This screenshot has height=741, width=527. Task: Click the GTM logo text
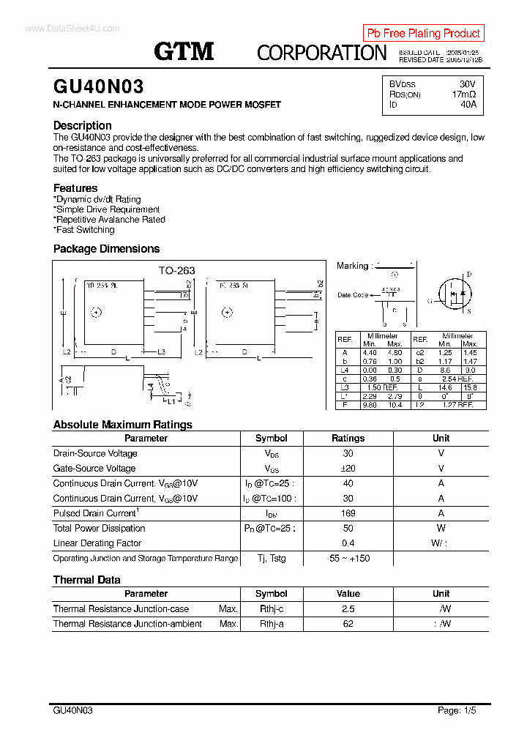click(x=184, y=51)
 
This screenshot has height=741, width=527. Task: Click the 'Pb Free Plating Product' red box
click(x=423, y=33)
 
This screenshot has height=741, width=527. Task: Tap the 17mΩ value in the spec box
click(x=463, y=94)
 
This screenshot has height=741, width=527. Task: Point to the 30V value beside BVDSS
click(x=467, y=84)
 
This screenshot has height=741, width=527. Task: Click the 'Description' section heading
click(x=82, y=125)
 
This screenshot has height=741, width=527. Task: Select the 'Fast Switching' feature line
click(x=84, y=230)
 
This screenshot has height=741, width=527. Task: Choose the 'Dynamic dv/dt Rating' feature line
click(x=97, y=199)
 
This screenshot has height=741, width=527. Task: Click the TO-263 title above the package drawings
click(x=177, y=270)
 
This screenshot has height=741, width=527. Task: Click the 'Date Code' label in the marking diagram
click(x=352, y=295)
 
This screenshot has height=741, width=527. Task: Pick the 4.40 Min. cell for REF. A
click(x=370, y=353)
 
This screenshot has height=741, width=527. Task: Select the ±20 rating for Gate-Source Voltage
click(x=348, y=469)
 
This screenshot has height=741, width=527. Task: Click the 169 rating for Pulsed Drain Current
click(x=348, y=513)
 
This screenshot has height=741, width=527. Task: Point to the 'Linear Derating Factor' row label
click(x=97, y=543)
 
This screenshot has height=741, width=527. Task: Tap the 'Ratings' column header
click(x=348, y=438)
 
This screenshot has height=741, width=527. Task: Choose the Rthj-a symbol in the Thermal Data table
click(x=272, y=624)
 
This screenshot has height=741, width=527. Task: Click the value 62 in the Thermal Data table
click(x=348, y=624)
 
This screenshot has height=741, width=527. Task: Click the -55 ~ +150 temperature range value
click(x=348, y=559)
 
